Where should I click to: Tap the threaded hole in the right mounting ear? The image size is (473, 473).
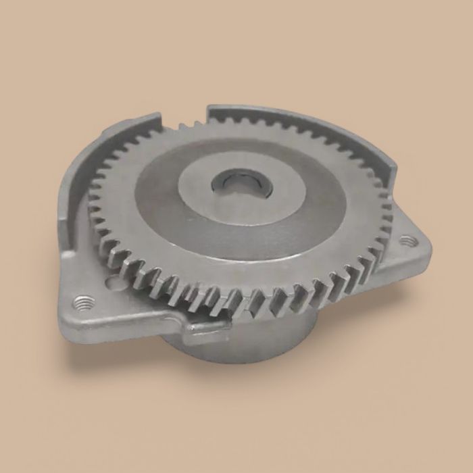pyautogui.click(x=405, y=241)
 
